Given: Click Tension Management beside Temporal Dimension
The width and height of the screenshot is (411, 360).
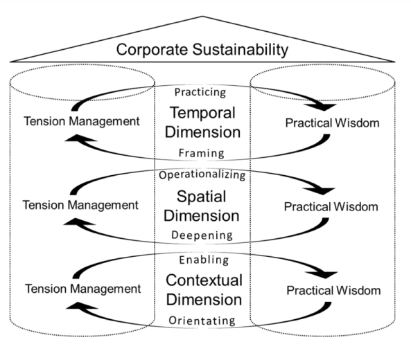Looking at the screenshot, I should pyautogui.click(x=82, y=121).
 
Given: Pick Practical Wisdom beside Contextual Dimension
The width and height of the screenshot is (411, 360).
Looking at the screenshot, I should pyautogui.click(x=333, y=290).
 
